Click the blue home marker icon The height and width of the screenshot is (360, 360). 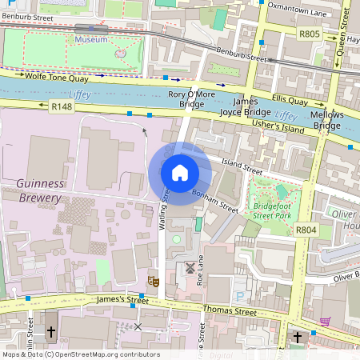pyautogui.click(x=180, y=173)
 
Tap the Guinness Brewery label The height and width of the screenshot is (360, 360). pyautogui.click(x=39, y=190)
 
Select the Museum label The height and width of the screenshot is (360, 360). pyautogui.click(x=90, y=38)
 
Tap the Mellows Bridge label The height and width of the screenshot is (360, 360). pyautogui.click(x=327, y=121)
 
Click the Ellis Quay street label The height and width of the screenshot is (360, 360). pyautogui.click(x=290, y=101)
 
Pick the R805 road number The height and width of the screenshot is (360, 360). pyautogui.click(x=309, y=34)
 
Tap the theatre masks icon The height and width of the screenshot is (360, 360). pyautogui.click(x=154, y=281)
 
